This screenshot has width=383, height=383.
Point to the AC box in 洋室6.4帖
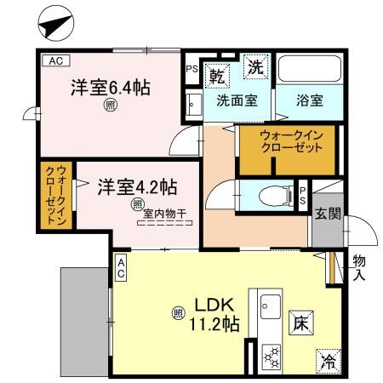click(x=54, y=60)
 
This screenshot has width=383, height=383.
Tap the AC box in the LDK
click(x=121, y=269)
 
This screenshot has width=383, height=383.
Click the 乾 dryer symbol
click(x=217, y=74)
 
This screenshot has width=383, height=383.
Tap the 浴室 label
click(x=308, y=100)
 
